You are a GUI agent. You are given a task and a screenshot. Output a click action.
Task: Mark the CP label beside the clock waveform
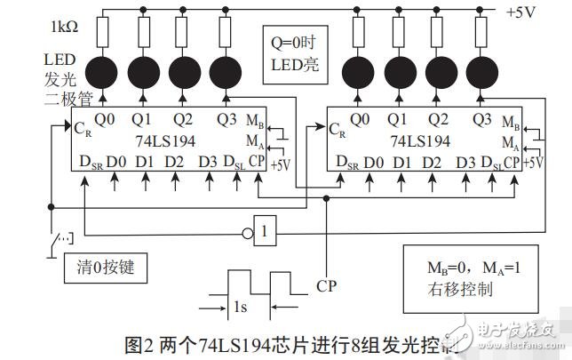(326, 287)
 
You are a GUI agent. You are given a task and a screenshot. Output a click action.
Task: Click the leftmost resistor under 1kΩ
(102, 34)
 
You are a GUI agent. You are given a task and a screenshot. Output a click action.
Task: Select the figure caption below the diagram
(286, 345)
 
